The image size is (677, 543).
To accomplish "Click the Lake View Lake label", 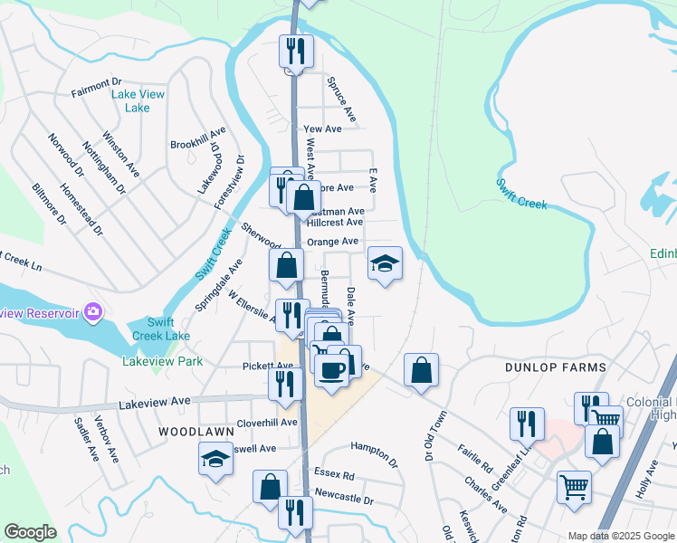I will tap(130, 100).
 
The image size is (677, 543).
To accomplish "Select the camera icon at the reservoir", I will tap(92, 313).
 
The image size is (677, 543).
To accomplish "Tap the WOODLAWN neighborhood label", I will tap(189, 433).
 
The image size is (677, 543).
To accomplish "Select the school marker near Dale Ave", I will tap(385, 264).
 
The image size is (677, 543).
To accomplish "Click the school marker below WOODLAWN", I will tap(215, 460).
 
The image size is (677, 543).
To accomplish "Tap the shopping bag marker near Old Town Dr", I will tap(421, 370).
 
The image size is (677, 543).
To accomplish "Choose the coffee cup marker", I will tap(331, 371).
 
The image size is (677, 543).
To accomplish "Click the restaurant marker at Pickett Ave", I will tap(285, 384).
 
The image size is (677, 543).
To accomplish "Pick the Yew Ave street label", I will tap(323, 129).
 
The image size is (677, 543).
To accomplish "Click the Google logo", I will tap(30, 532).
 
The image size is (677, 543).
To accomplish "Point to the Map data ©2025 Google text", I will tap(621, 536).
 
